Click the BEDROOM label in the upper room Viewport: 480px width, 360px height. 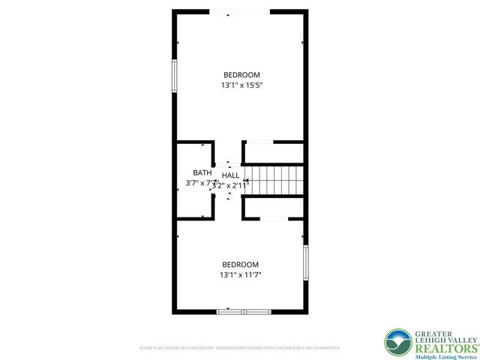[241, 74]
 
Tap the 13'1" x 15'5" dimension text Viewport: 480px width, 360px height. [241, 85]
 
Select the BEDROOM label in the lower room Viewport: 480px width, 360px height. [240, 264]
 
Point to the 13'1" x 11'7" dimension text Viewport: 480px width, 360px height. [240, 275]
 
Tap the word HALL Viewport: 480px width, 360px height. [230, 175]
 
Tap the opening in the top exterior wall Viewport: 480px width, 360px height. [239, 11]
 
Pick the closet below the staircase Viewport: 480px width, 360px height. [276, 208]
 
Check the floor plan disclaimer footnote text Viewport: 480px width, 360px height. [240, 348]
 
